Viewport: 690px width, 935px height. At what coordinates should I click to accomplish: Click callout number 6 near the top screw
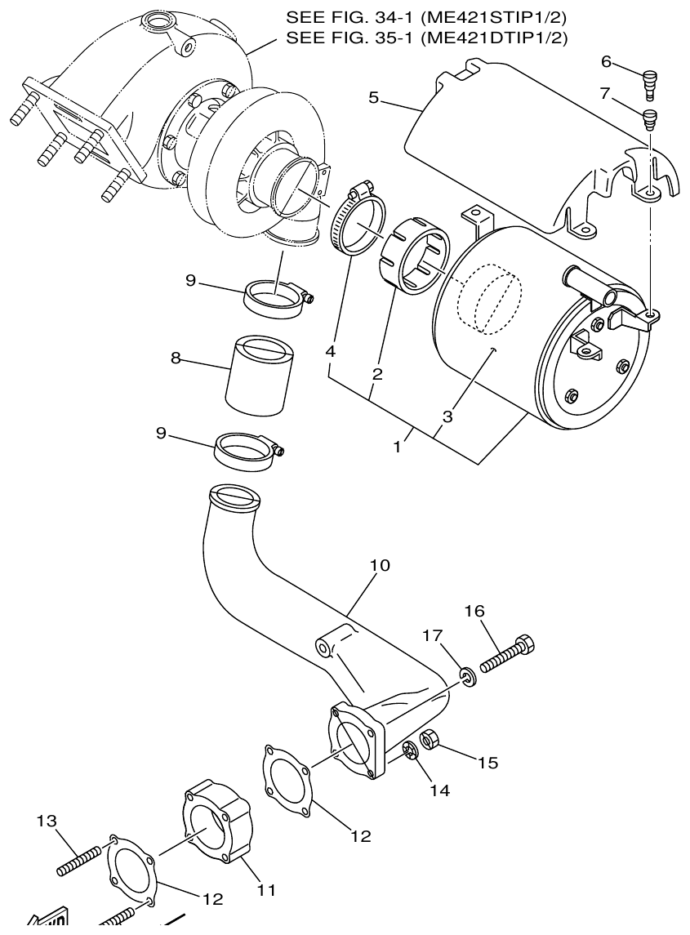606,61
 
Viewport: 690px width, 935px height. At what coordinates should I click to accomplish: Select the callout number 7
604,94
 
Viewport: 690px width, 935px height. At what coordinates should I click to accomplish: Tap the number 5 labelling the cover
373,98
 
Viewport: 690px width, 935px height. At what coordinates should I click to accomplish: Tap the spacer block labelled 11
216,820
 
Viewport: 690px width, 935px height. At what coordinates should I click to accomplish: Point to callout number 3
447,416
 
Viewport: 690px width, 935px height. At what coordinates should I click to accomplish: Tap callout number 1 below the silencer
398,447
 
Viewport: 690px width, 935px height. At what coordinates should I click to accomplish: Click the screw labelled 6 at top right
650,84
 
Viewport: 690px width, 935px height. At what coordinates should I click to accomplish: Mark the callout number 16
475,611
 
